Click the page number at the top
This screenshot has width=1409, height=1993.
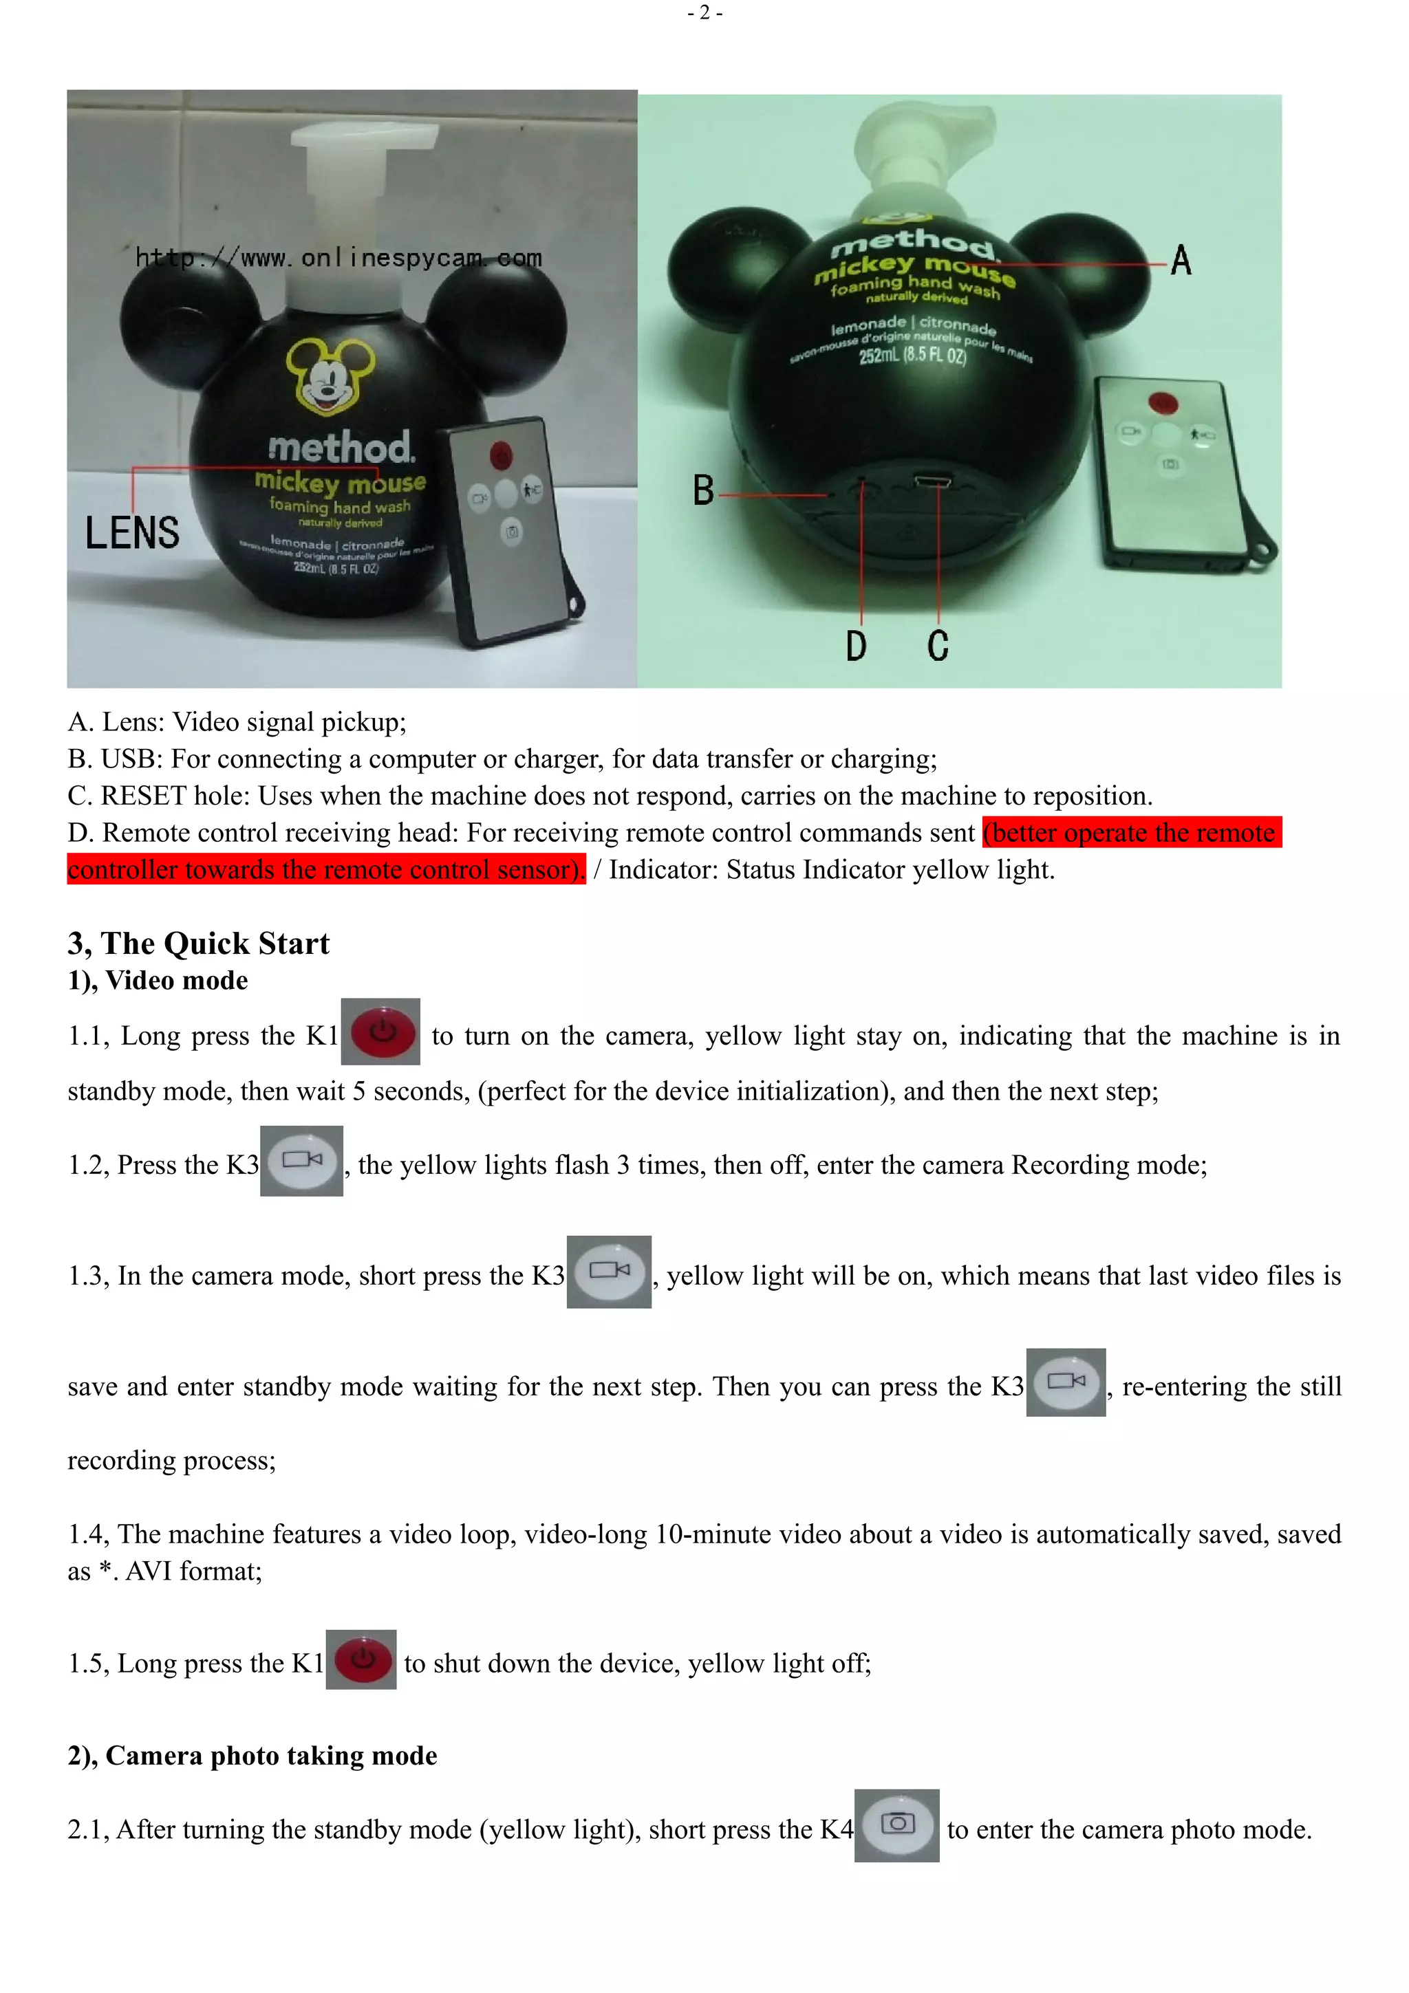tap(704, 12)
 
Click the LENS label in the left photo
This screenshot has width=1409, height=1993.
tap(132, 532)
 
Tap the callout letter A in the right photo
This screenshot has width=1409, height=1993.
tap(1181, 261)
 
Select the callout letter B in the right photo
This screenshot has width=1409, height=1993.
tap(703, 490)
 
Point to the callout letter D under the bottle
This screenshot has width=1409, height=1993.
tap(856, 646)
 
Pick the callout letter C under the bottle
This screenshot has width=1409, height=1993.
tap(938, 646)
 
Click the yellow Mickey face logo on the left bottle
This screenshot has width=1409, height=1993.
tap(330, 376)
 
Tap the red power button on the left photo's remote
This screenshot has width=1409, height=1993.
tap(501, 455)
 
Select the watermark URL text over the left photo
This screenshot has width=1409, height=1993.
tap(338, 258)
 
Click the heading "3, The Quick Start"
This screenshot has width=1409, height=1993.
tap(199, 943)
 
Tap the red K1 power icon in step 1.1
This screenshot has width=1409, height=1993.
tap(380, 1031)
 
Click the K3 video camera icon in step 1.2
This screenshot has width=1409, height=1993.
tap(301, 1161)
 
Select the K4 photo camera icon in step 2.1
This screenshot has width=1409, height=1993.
tap(897, 1825)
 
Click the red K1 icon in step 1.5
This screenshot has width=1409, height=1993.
tap(361, 1659)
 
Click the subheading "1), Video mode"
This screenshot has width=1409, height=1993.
tap(158, 980)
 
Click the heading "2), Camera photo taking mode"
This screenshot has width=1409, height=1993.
tap(252, 1755)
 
